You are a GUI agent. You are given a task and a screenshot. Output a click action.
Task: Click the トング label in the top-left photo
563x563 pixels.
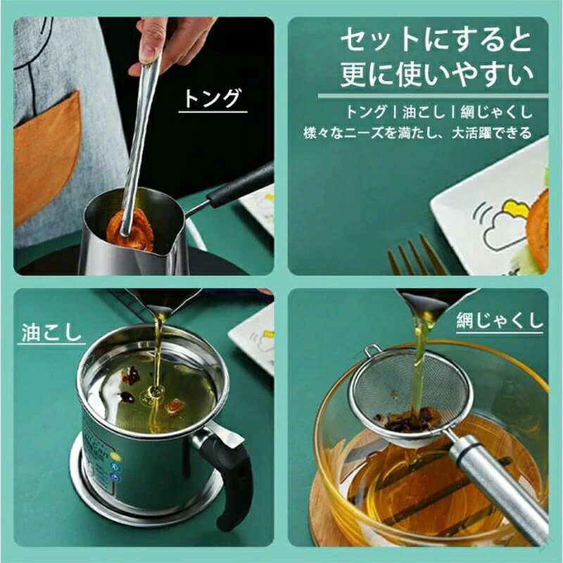pyautogui.click(x=212, y=98)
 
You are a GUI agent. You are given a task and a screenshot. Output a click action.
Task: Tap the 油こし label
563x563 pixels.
pyautogui.click(x=51, y=332)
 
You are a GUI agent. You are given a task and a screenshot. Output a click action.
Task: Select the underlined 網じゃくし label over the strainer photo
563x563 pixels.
pyautogui.click(x=500, y=321)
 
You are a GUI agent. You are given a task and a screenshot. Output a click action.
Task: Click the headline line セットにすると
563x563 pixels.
pyautogui.click(x=436, y=41)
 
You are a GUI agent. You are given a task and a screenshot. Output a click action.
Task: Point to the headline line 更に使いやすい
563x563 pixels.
pyautogui.click(x=436, y=75)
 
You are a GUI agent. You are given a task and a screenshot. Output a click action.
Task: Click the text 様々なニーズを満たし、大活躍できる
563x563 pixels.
pyautogui.click(x=417, y=133)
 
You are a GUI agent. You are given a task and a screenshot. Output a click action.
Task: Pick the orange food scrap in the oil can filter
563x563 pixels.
pyautogui.click(x=175, y=405)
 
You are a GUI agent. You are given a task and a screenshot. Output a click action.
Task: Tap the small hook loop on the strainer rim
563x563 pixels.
pyautogui.click(x=374, y=349)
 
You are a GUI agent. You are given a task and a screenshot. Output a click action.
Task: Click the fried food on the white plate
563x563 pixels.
pyautogui.click(x=537, y=230)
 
